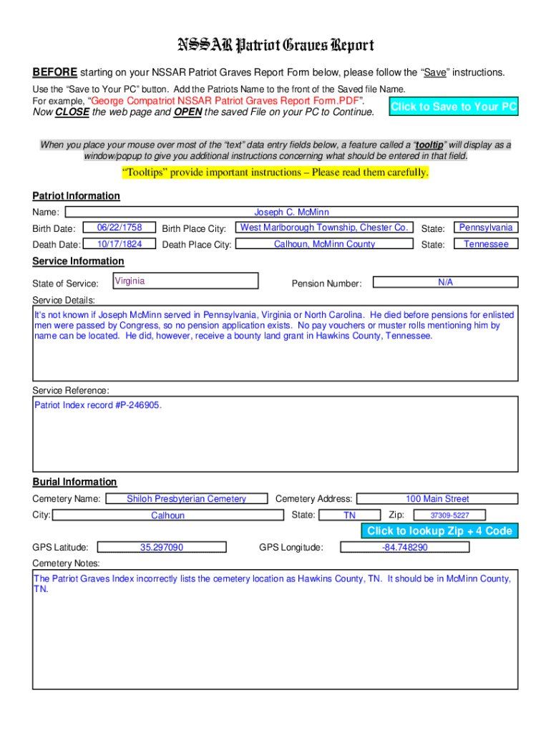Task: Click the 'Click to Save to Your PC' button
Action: (454, 107)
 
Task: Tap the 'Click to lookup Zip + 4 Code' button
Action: (439, 530)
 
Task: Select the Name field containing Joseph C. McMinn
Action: (291, 212)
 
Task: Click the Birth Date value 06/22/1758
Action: (120, 228)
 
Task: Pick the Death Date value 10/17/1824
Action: (120, 244)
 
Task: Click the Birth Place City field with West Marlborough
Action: (324, 228)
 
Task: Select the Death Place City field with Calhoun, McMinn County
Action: (324, 244)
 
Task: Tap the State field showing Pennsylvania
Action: (486, 228)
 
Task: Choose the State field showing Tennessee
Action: (486, 244)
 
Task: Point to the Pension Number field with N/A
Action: (446, 283)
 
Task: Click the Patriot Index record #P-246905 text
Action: (98, 405)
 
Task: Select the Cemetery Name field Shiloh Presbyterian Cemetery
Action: (186, 499)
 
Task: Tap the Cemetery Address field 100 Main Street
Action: (437, 499)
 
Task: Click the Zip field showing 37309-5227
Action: (449, 515)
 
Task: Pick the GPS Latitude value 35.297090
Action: (162, 548)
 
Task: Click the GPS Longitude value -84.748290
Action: (404, 548)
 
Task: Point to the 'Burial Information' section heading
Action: (74, 482)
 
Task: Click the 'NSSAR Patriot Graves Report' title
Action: (275, 46)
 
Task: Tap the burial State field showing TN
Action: (349, 515)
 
